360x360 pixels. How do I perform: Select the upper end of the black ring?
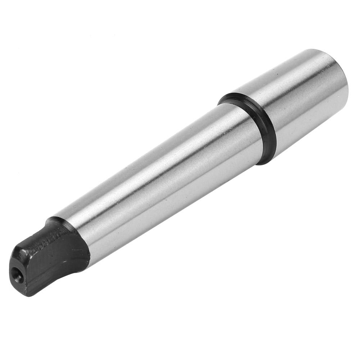[230, 96]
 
